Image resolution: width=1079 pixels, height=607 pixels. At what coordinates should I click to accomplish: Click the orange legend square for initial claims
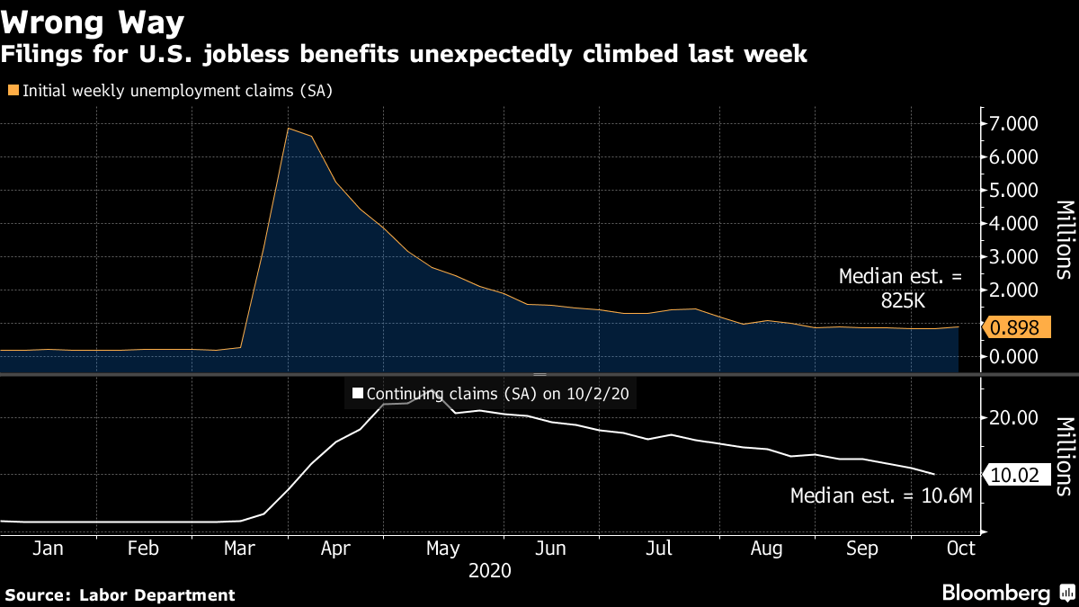[13, 90]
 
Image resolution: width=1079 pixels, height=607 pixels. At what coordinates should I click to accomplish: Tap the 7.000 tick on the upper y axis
[1013, 123]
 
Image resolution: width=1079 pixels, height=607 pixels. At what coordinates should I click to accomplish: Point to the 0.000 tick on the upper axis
[1013, 356]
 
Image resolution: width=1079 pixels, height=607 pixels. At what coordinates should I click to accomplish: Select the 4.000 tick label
[1013, 223]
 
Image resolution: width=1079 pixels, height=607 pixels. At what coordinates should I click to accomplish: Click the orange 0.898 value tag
[1019, 329]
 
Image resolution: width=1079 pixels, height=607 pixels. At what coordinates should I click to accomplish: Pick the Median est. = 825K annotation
[900, 290]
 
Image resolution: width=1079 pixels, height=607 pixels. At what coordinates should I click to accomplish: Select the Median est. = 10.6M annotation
[881, 495]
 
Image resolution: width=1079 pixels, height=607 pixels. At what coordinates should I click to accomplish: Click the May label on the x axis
[442, 548]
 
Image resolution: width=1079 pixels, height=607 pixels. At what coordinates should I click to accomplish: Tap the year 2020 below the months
[490, 571]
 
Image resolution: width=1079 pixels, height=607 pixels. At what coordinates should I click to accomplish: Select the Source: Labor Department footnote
[120, 594]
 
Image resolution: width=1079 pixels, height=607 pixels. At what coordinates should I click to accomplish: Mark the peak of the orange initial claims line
[288, 129]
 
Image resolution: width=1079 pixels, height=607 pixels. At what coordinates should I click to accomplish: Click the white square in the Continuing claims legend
[357, 393]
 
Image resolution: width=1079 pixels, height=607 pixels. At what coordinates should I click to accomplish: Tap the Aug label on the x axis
[765, 548]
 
